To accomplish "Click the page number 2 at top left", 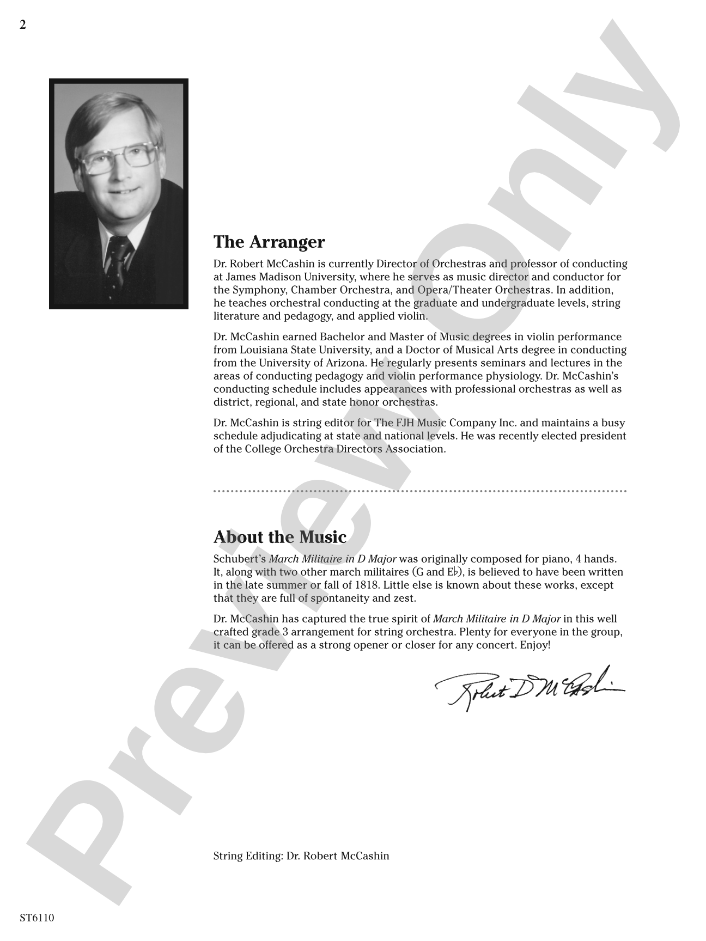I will (22, 25).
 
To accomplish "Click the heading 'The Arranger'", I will (269, 242).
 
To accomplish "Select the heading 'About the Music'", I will (280, 537).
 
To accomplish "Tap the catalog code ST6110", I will (37, 918).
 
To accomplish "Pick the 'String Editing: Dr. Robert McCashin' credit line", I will (301, 856).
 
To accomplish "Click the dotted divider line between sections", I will (419, 491).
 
